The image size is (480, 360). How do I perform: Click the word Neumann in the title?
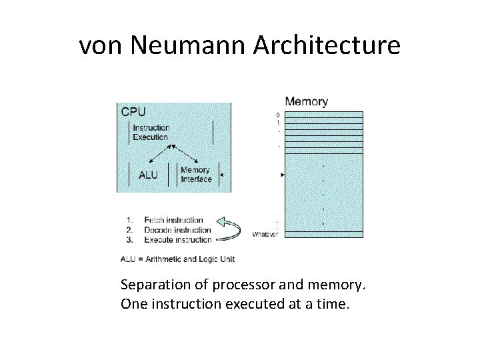click(x=189, y=45)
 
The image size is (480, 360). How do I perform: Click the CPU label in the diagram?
click(x=133, y=112)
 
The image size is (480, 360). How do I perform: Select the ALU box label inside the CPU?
click(x=148, y=175)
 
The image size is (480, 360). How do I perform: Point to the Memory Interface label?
click(x=196, y=175)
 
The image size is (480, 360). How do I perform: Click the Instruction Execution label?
click(x=151, y=132)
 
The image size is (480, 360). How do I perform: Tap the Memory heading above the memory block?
click(x=306, y=102)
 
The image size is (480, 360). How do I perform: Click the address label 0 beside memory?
click(x=278, y=115)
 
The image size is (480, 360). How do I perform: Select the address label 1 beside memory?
click(x=278, y=123)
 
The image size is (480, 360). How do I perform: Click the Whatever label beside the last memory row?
click(x=265, y=234)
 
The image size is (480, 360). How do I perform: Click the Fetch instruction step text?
click(x=173, y=220)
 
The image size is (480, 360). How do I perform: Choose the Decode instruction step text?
click(x=177, y=230)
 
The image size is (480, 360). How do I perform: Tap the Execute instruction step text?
click(x=178, y=239)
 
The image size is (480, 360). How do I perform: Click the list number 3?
click(x=129, y=239)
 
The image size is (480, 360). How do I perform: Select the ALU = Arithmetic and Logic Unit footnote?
click(x=177, y=259)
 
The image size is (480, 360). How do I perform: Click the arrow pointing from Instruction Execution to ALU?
click(x=158, y=152)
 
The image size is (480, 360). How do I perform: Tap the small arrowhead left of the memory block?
click(x=283, y=175)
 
